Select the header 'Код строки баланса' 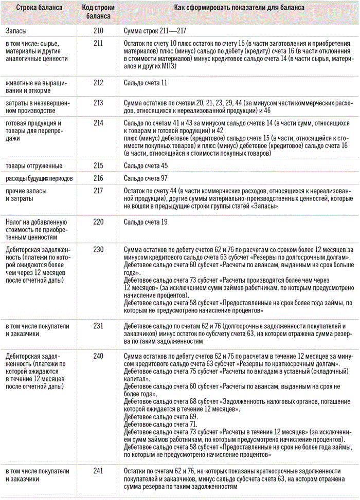99,12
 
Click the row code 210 99,31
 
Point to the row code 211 99,44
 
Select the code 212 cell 99,83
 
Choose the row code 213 99,104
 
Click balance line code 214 99,123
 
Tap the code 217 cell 99,191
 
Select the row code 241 99,472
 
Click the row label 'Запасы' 17,31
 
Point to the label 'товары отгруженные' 34,165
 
